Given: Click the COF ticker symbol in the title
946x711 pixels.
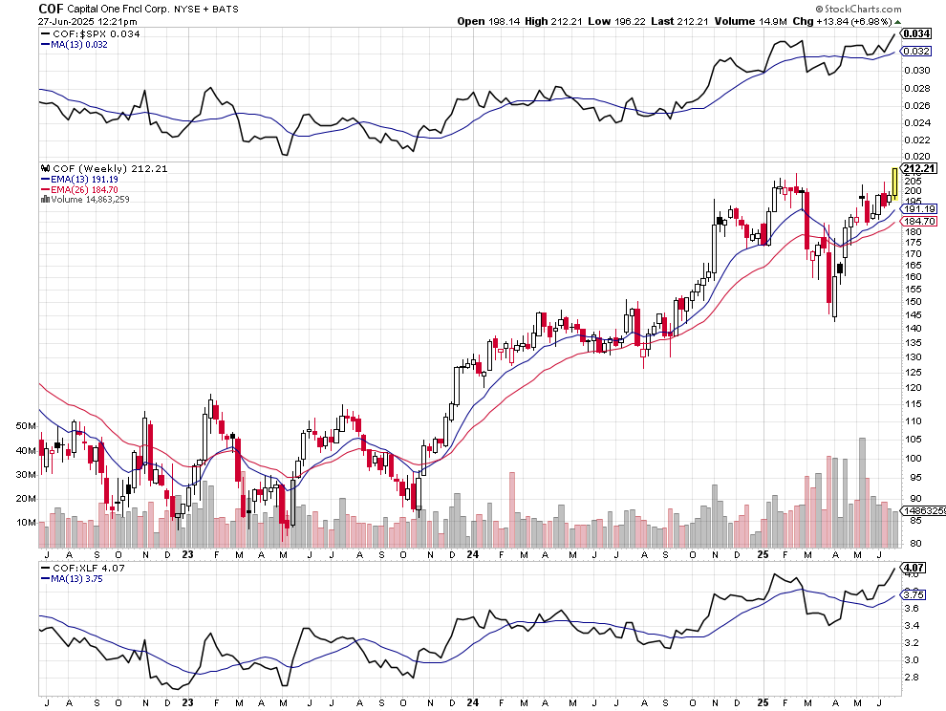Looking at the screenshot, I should click(x=52, y=9).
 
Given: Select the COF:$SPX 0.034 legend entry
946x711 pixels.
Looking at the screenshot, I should click(x=84, y=35).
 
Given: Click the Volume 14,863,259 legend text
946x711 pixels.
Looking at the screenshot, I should click(x=90, y=200).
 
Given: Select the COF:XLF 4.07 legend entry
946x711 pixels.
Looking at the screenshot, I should click(x=83, y=568).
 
